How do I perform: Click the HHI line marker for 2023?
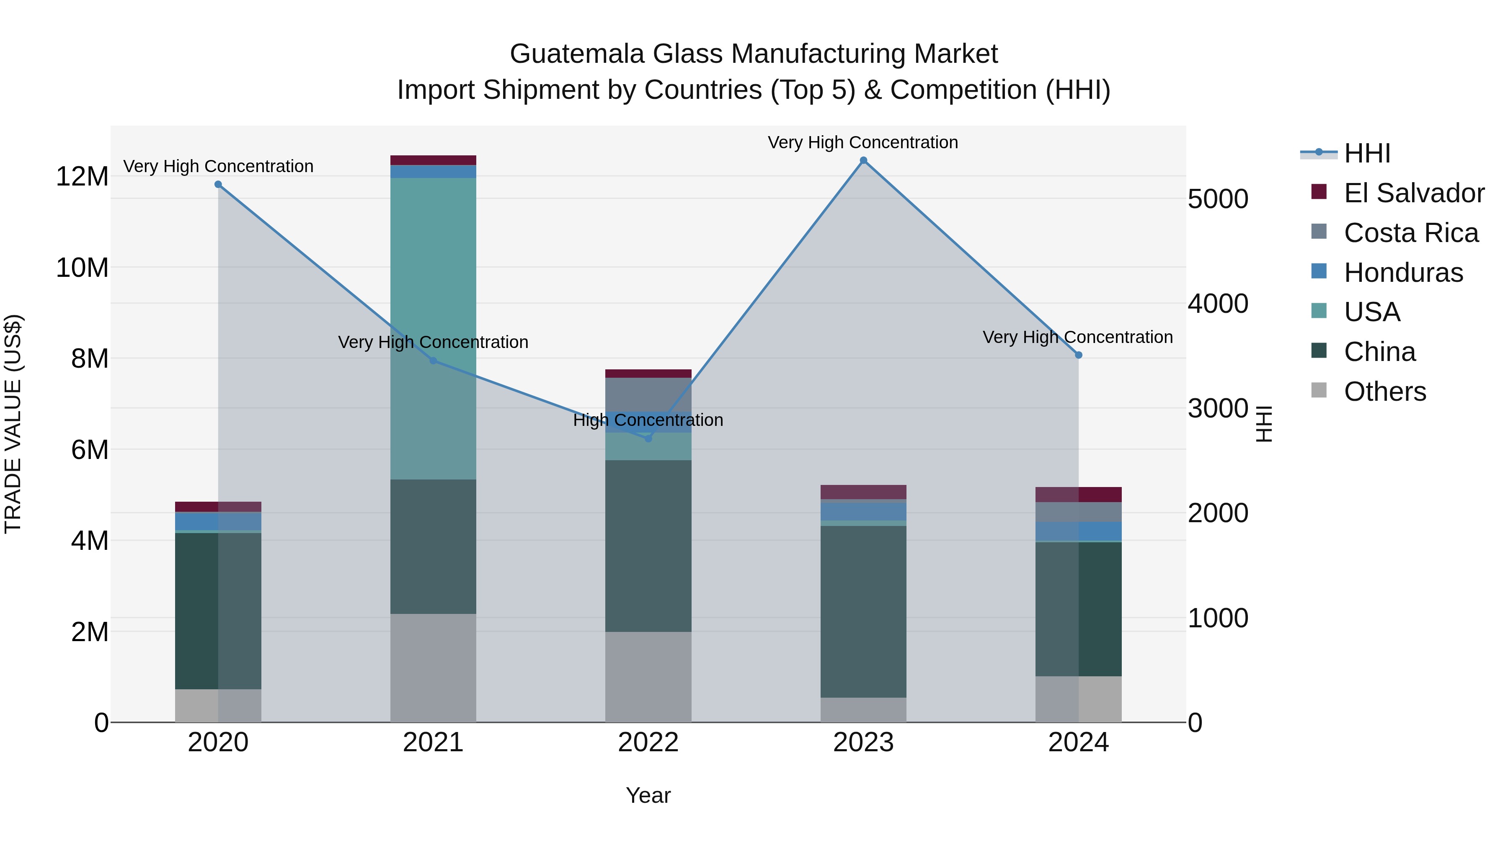pos(863,160)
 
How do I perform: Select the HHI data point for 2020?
pos(218,184)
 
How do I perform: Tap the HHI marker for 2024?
pos(1079,355)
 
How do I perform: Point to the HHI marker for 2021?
pos(433,361)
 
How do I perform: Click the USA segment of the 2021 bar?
pos(433,263)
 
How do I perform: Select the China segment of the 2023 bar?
pos(863,611)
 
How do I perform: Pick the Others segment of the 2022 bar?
pos(648,677)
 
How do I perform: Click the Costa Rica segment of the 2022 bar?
pos(648,394)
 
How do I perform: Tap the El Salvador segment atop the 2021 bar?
pos(433,160)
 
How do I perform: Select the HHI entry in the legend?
pos(1367,153)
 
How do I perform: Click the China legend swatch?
pos(1319,351)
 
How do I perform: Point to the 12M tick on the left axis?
pos(82,177)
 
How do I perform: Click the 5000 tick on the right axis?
pos(1218,199)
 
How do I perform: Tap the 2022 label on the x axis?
pos(648,742)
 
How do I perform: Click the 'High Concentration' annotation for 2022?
pos(648,420)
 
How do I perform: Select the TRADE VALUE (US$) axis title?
pos(13,424)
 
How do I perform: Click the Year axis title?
pos(648,795)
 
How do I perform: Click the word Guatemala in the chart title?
pos(577,54)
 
